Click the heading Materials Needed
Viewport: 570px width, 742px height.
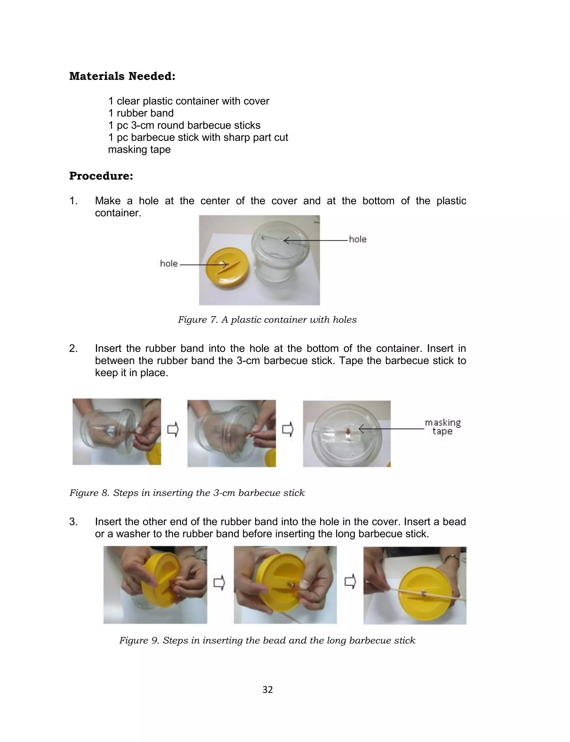(x=122, y=76)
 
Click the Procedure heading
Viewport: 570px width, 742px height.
(x=101, y=176)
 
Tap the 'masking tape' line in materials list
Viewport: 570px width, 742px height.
(x=139, y=149)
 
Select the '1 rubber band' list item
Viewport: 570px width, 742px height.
(x=141, y=113)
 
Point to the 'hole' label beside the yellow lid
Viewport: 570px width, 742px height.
(x=169, y=264)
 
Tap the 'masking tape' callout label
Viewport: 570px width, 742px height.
(x=443, y=427)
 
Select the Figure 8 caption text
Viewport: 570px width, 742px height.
(x=187, y=493)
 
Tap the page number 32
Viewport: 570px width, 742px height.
(x=267, y=690)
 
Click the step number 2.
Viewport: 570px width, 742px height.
(x=73, y=348)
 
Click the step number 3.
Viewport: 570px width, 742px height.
(x=73, y=522)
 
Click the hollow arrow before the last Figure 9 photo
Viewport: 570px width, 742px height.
(x=350, y=582)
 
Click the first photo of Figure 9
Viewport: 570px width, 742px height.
(x=155, y=584)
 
